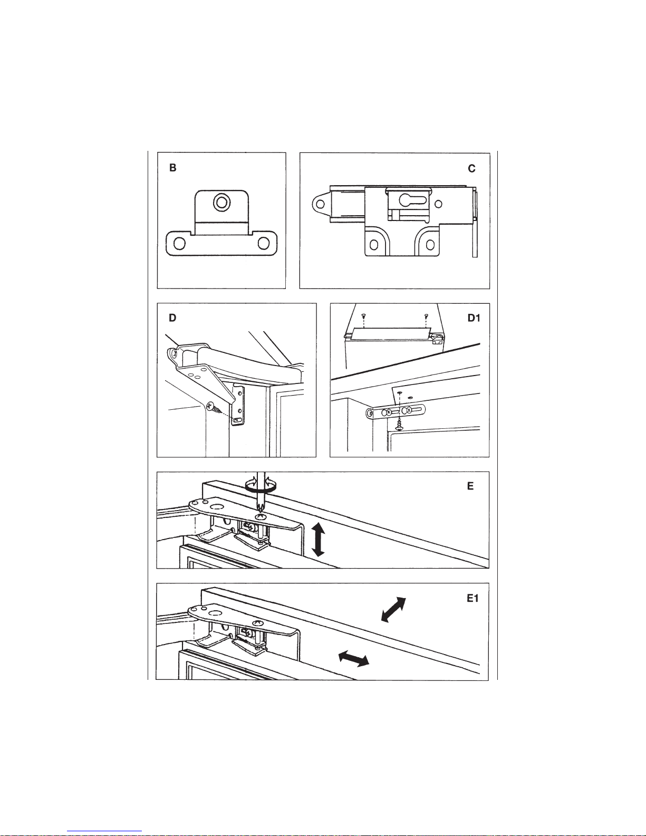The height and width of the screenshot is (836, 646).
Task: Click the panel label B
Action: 173,168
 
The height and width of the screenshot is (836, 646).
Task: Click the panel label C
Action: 471,168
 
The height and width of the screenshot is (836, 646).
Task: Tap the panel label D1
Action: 474,318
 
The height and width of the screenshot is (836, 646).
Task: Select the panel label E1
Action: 472,598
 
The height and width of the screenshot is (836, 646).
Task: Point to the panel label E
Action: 470,486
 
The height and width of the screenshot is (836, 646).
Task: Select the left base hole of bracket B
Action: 180,244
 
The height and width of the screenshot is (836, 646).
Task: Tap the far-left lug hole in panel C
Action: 320,204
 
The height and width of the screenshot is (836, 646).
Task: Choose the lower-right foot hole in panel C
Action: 430,244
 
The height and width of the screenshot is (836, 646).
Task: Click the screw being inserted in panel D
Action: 215,409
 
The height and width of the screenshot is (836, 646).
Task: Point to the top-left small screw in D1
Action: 363,316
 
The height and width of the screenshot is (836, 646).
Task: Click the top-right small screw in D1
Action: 426,316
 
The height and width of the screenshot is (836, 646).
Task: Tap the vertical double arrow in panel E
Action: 318,540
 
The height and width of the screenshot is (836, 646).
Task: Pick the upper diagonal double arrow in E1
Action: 393,609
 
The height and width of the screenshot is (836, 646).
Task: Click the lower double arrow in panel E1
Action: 354,658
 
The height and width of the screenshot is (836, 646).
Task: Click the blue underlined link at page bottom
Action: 104,831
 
